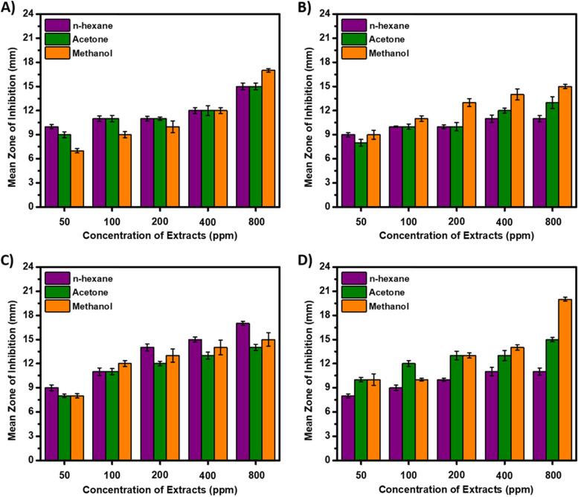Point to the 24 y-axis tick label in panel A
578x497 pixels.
click(24, 13)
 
